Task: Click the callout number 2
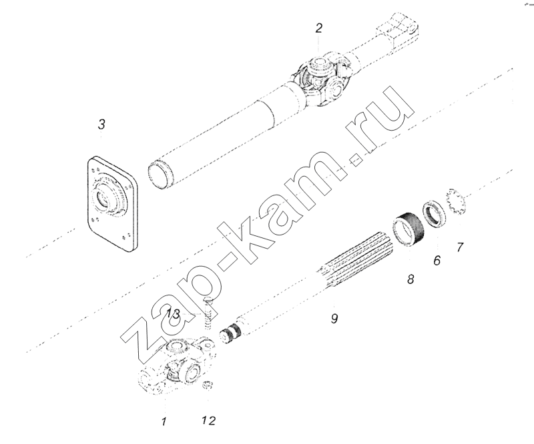tap(318, 28)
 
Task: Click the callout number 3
tap(101, 124)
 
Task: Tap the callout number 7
tap(460, 247)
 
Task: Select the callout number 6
tap(437, 260)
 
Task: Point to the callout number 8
tap(411, 279)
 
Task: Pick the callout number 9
tap(334, 319)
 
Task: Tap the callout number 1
tap(164, 421)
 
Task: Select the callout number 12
tap(209, 421)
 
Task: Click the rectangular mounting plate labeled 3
tap(111, 204)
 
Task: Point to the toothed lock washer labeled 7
tap(455, 201)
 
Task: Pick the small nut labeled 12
tap(207, 385)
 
